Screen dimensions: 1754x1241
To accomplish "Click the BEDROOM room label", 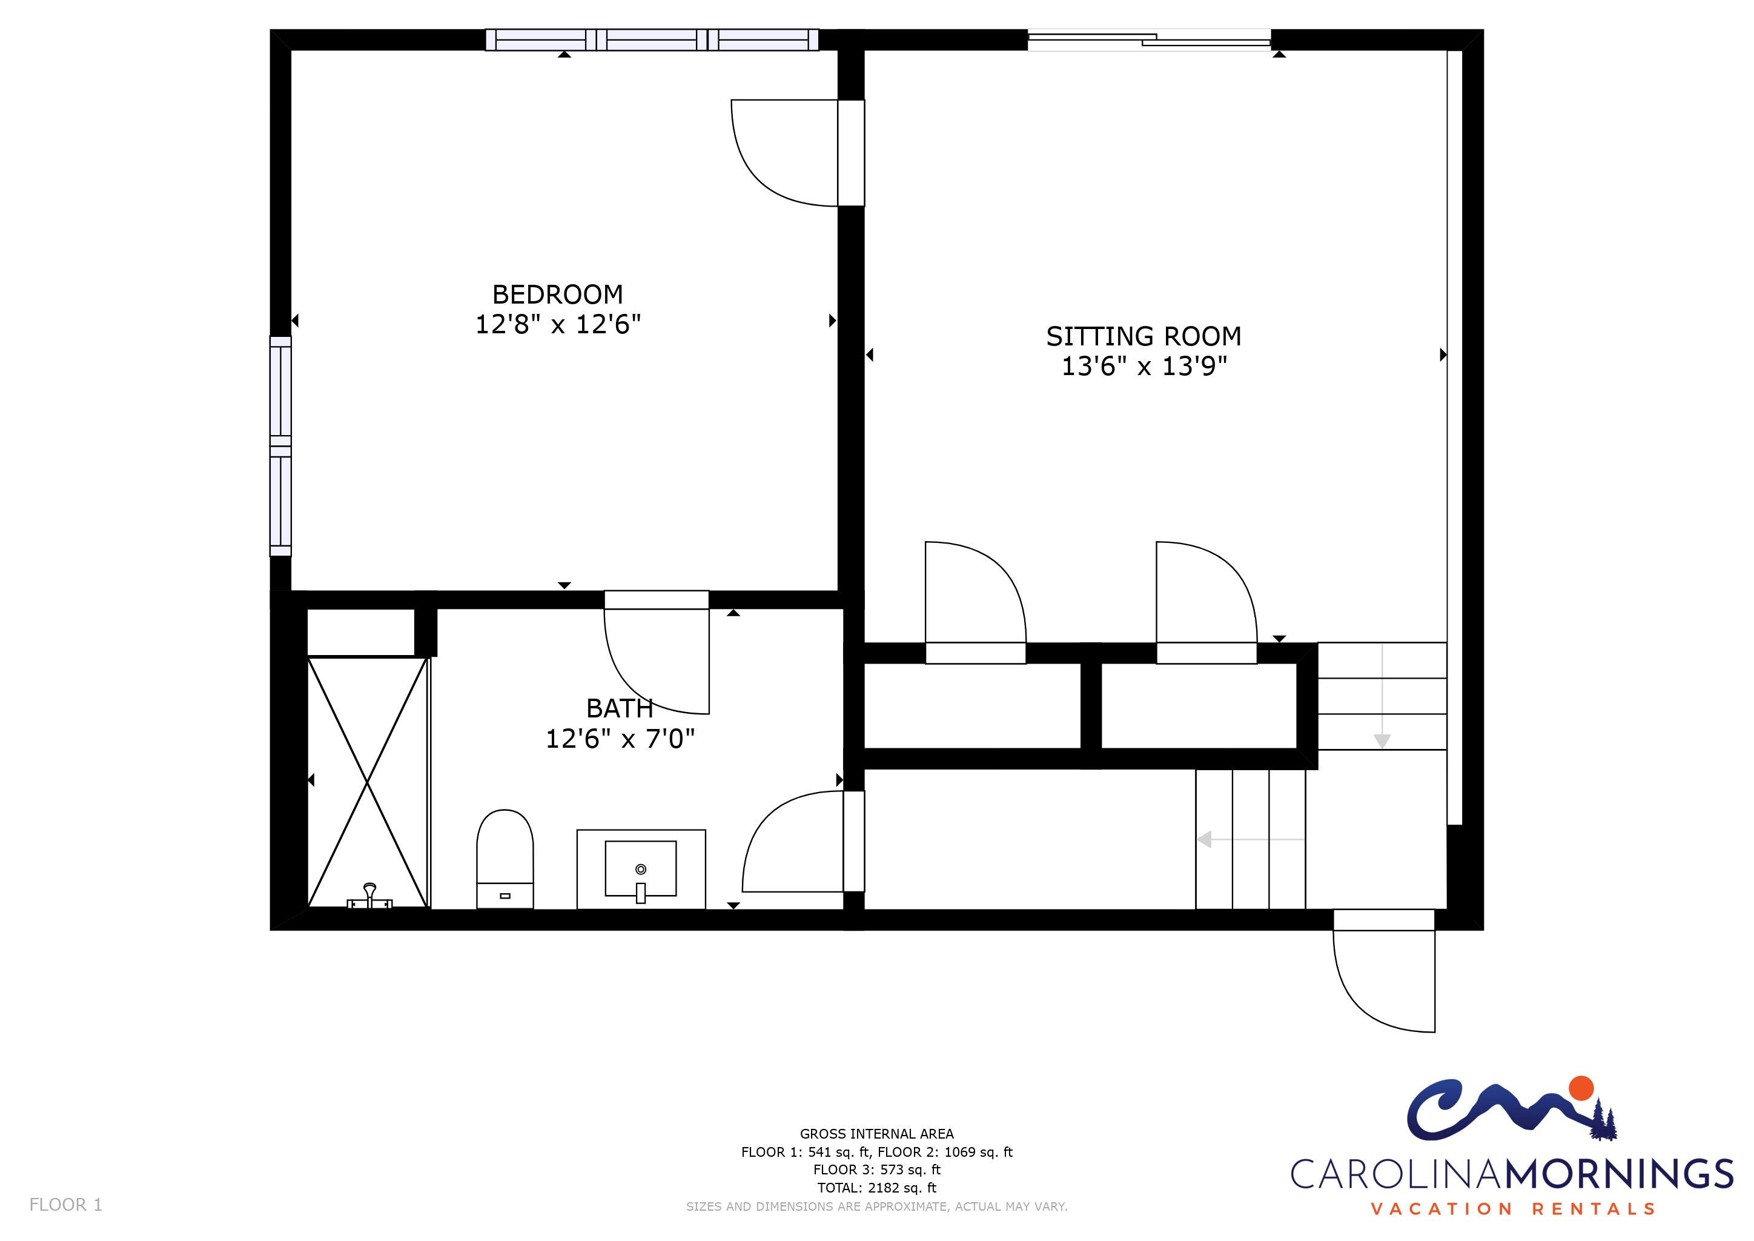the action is (x=558, y=294).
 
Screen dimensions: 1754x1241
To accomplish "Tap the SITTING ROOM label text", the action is (x=1143, y=336).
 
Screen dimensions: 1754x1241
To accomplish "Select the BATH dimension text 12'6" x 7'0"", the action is (x=620, y=739).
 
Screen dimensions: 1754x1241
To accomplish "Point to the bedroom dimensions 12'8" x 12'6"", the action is (x=558, y=324).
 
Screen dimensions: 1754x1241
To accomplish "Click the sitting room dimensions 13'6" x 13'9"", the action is (x=1143, y=366).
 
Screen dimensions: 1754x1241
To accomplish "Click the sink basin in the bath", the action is (x=641, y=868).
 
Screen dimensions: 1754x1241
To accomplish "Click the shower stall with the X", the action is (x=368, y=782).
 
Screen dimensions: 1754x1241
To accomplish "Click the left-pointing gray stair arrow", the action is (x=1251, y=840).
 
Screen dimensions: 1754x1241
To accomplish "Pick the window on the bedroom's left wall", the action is (x=280, y=445).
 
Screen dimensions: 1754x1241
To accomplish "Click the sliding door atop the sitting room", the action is (x=1149, y=40).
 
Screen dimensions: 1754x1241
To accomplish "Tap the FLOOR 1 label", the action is (x=65, y=1205).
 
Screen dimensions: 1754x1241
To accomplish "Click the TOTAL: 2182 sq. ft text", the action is (x=877, y=1188).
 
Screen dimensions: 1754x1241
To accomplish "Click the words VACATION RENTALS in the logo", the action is (x=1512, y=1209).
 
